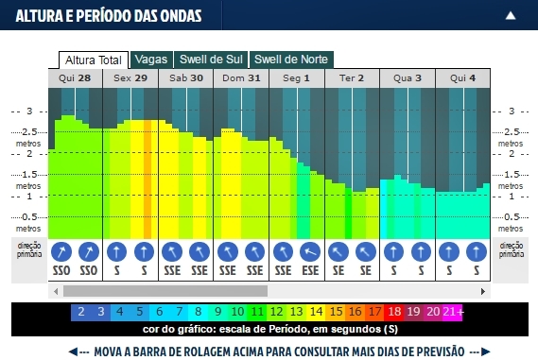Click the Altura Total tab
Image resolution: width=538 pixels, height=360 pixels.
(93, 60)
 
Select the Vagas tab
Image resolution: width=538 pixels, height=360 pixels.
(151, 60)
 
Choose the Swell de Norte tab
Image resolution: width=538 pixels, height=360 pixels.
(290, 60)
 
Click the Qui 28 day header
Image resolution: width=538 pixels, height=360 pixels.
(76, 78)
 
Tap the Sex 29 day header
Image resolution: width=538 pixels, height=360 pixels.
(130, 78)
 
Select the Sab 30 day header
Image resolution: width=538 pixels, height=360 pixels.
(185, 78)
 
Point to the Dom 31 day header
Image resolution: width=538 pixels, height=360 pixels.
(241, 78)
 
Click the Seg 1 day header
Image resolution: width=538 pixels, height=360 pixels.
(296, 78)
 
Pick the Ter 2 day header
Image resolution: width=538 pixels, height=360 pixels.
(352, 78)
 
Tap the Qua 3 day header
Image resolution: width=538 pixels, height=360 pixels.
(408, 78)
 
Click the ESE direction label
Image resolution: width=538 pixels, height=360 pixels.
(310, 270)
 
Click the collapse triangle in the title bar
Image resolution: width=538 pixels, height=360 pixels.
(511, 15)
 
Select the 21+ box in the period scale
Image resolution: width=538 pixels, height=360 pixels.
(452, 311)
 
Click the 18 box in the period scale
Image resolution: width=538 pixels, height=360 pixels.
(394, 311)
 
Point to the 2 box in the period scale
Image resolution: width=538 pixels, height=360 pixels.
(81, 311)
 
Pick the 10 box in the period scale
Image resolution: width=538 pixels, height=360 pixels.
(237, 311)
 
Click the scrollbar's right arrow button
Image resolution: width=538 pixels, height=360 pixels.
(485, 291)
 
